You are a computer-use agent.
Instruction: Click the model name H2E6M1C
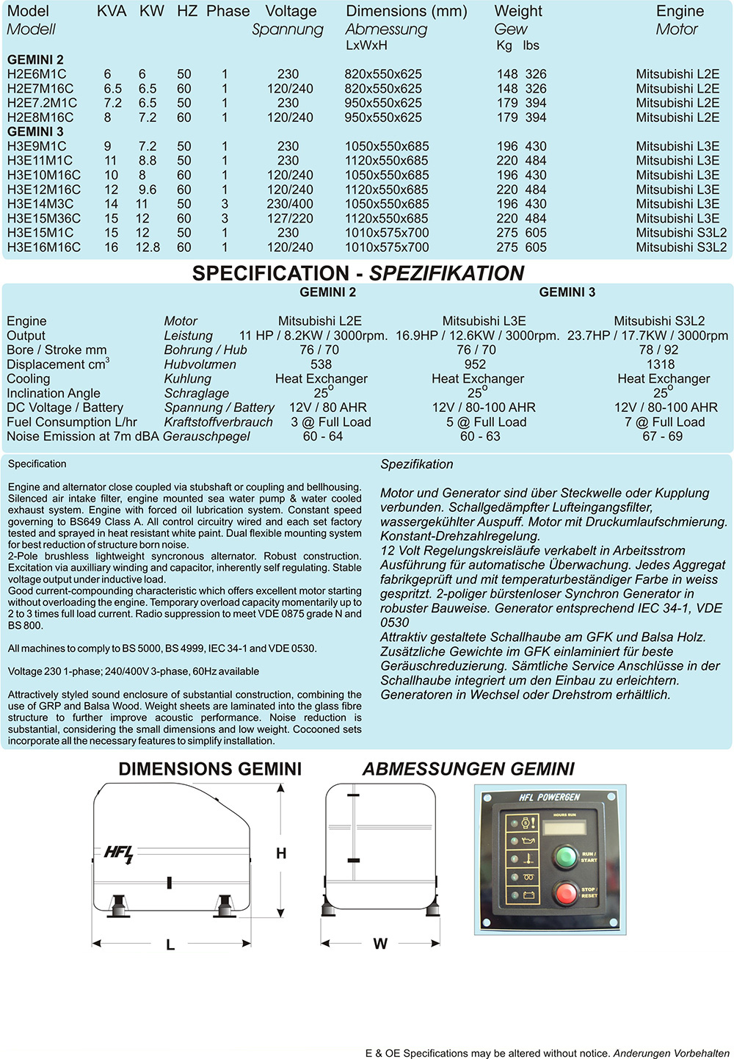pyautogui.click(x=37, y=74)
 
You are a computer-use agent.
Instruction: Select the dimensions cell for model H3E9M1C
pyautogui.click(x=387, y=146)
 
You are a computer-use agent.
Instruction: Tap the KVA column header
pyautogui.click(x=112, y=12)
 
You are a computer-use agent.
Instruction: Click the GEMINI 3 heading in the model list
pyautogui.click(x=35, y=131)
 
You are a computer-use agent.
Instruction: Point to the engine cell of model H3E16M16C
pyautogui.click(x=681, y=247)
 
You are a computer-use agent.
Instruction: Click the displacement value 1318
pyautogui.click(x=660, y=364)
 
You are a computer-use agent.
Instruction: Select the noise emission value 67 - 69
pyautogui.click(x=662, y=436)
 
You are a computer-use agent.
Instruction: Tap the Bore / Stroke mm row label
pyautogui.click(x=57, y=350)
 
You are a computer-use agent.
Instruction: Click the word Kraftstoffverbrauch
pyautogui.click(x=218, y=422)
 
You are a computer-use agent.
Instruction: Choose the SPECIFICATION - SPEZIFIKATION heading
pyautogui.click(x=358, y=273)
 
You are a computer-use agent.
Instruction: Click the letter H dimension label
pyautogui.click(x=281, y=853)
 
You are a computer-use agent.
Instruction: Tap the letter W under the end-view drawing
pyautogui.click(x=380, y=944)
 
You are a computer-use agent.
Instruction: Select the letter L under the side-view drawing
pyautogui.click(x=170, y=945)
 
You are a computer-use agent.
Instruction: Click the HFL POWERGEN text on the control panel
pyautogui.click(x=549, y=798)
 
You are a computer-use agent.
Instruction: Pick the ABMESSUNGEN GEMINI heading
pyautogui.click(x=468, y=769)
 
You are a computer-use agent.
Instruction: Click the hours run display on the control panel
pyautogui.click(x=564, y=827)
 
